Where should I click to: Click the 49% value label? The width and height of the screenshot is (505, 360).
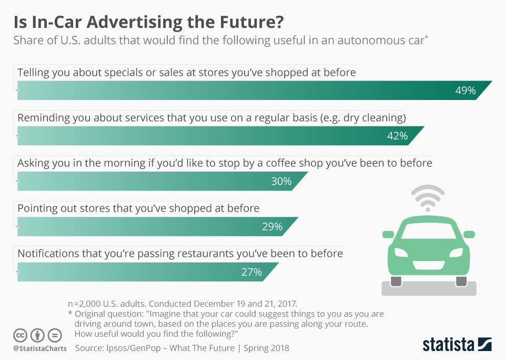[465, 91]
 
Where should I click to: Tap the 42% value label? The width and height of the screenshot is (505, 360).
[397, 136]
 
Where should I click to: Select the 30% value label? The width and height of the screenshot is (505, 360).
[281, 182]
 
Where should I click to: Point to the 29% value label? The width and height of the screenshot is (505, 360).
[272, 227]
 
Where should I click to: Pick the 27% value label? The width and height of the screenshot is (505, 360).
[251, 272]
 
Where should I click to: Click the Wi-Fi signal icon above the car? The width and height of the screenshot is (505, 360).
[428, 197]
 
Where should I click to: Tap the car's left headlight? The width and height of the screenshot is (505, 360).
[400, 252]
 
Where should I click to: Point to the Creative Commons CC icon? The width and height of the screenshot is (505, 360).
[21, 335]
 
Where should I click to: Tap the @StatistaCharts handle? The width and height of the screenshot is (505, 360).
[39, 348]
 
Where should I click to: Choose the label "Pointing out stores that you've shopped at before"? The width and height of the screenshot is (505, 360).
[138, 208]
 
